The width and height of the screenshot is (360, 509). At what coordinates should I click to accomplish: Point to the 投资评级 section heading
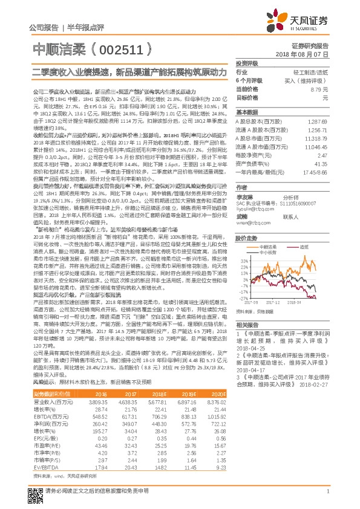247,63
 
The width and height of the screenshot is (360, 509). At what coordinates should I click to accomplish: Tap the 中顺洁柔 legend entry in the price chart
270,247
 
